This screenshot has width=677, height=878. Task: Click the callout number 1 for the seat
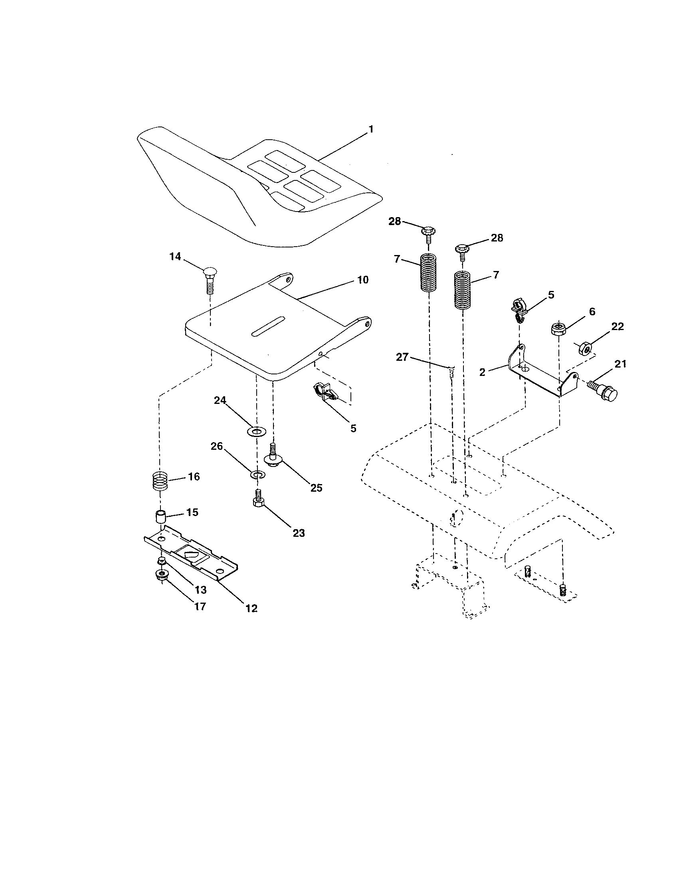(371, 129)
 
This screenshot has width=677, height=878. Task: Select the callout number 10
(362, 280)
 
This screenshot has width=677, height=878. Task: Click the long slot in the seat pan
(268, 326)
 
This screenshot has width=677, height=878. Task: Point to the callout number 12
(251, 608)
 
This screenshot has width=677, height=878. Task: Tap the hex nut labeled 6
(558, 329)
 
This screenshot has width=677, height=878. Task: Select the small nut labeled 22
(584, 348)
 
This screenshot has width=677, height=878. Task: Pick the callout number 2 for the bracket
(482, 372)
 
